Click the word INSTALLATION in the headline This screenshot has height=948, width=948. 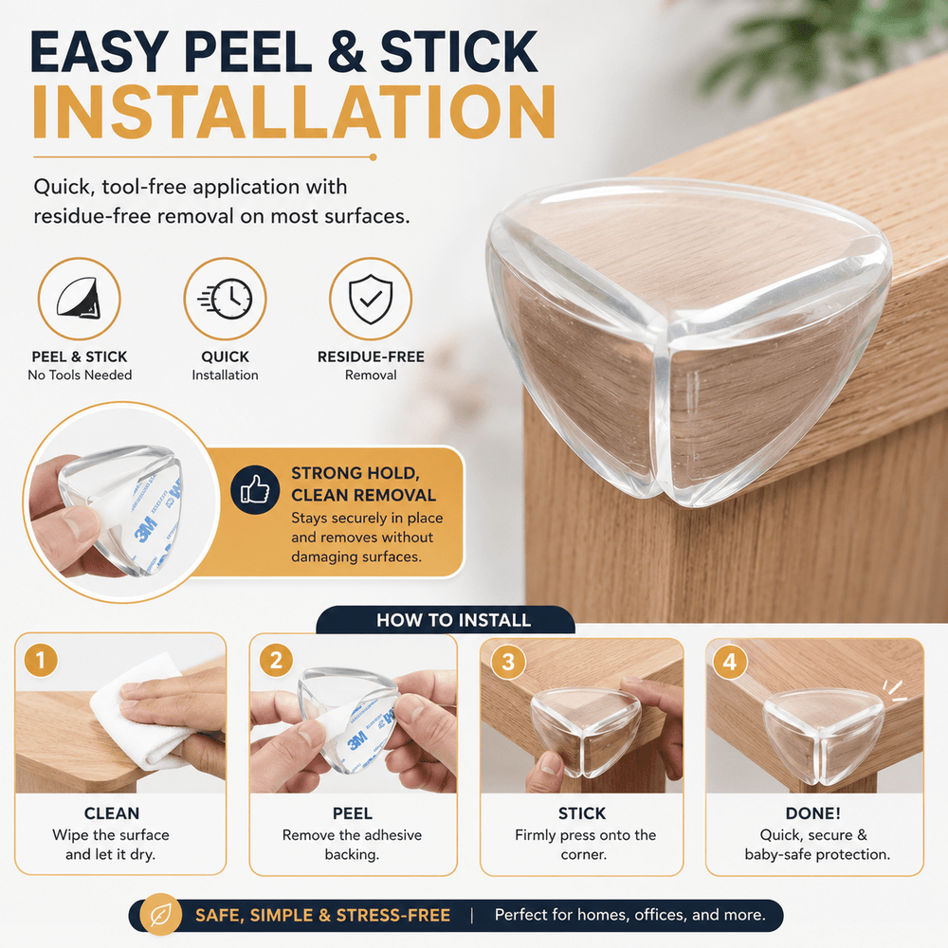[294, 112]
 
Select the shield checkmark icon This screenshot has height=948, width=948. [371, 300]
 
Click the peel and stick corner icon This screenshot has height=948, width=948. [80, 298]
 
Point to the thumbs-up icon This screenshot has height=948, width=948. [255, 490]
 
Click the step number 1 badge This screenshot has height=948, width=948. [41, 660]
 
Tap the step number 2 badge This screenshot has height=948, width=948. [276, 660]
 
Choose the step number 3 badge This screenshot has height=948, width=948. [508, 662]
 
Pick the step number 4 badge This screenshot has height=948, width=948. [730, 662]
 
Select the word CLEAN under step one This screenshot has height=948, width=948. [112, 813]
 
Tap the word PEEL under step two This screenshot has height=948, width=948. [353, 813]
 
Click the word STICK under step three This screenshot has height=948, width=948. [582, 813]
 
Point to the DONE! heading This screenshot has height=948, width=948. [813, 813]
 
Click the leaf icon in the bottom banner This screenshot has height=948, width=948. [161, 915]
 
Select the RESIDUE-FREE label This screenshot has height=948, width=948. [372, 356]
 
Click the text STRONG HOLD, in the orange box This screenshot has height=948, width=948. [355, 473]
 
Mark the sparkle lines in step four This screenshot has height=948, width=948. [894, 691]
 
